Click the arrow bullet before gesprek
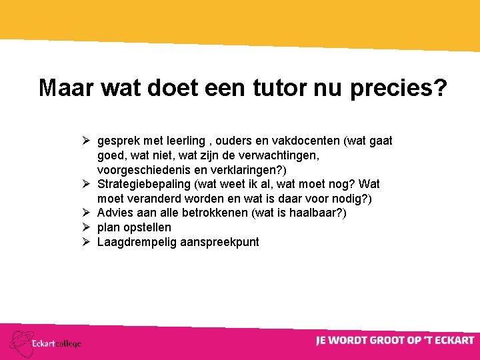(87, 141)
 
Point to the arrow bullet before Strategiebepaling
(87, 183)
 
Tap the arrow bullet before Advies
(87, 213)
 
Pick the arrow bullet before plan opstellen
(87, 227)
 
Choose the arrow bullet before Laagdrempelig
(87, 242)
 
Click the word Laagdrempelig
(135, 242)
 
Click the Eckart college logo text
(57, 343)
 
